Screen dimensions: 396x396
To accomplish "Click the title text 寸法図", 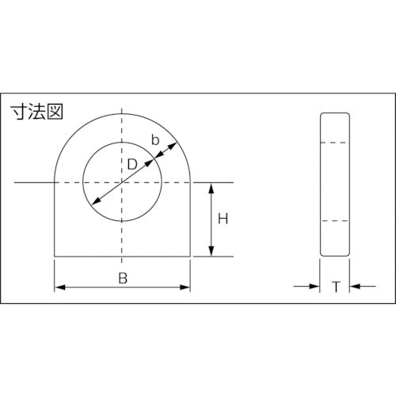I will [x=36, y=112].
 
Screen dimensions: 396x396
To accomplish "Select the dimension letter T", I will [x=335, y=287].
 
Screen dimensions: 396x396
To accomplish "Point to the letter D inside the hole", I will [x=131, y=165].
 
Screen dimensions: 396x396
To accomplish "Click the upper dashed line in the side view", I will [x=335, y=143].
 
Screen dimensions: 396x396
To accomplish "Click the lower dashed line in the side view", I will [x=335, y=219].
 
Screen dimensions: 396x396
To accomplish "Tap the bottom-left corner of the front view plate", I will [x=54, y=257].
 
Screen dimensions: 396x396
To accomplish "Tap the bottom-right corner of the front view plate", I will [x=190, y=257].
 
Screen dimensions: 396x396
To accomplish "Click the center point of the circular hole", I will [x=122, y=183].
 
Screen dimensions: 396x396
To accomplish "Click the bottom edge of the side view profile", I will [x=335, y=257].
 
